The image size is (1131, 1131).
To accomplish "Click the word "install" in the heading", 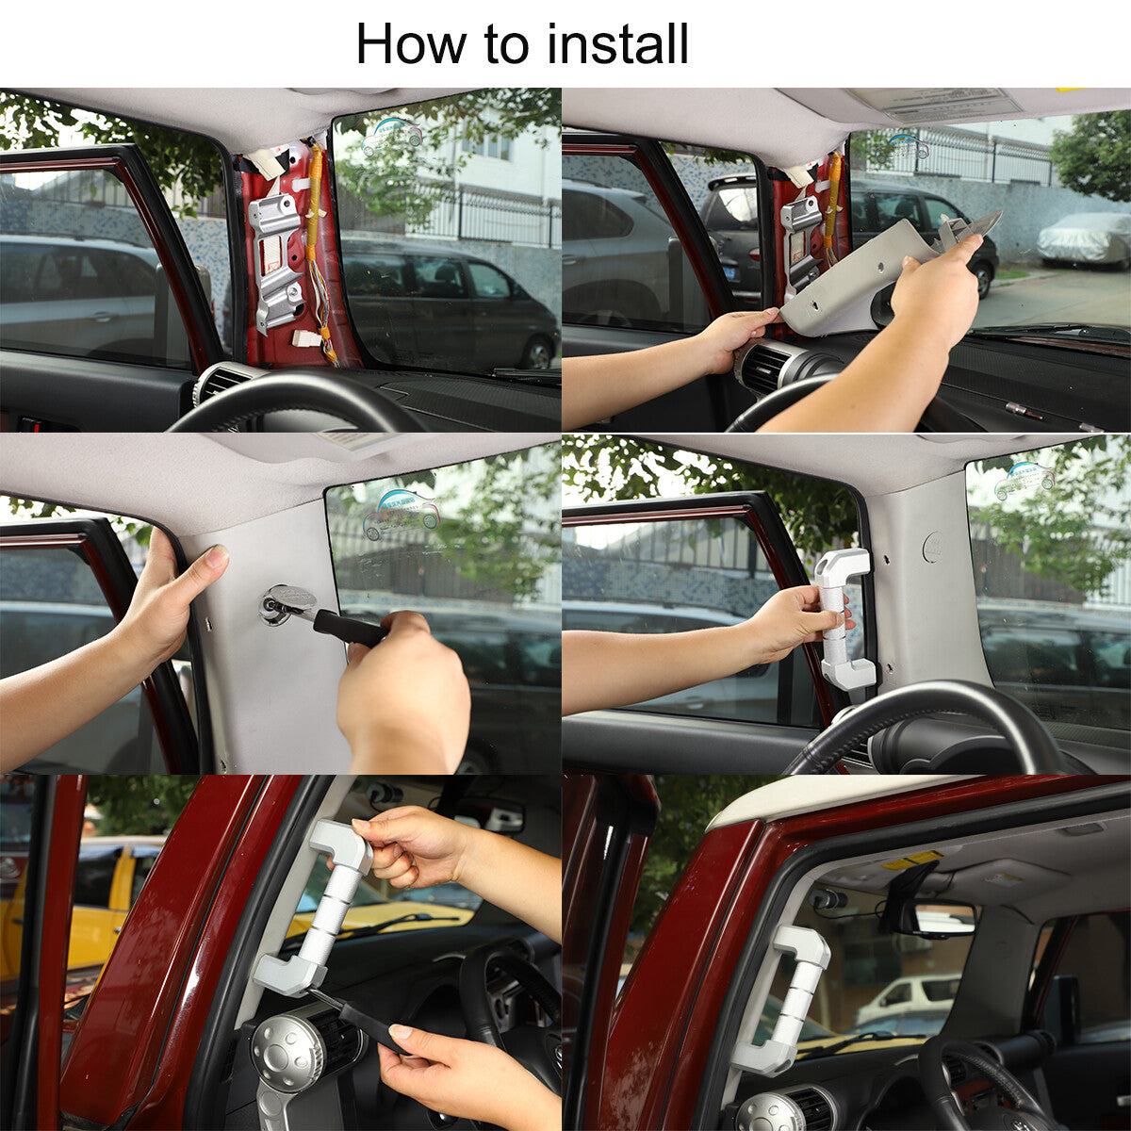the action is click(x=617, y=44).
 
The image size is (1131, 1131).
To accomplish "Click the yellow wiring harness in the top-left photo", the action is click(x=320, y=247).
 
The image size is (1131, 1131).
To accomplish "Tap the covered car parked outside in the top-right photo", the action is click(x=1084, y=240).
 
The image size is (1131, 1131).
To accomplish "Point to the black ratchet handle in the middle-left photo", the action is click(x=350, y=628).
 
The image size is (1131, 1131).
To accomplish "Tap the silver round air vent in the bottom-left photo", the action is click(x=287, y=1041).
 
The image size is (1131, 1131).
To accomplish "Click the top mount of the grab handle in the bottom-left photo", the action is click(x=340, y=845).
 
